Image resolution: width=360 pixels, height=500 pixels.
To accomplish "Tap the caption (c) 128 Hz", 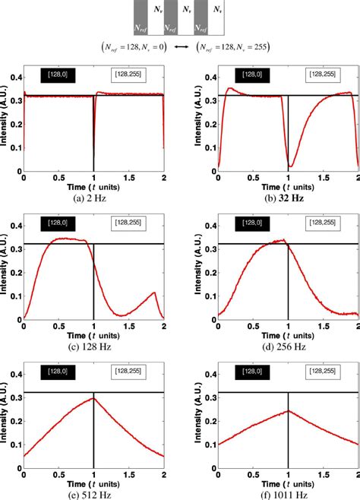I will [x=93, y=347].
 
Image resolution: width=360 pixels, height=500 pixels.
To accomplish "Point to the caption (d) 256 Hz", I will [x=289, y=347].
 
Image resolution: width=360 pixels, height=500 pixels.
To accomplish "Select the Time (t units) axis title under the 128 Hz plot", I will [x=93, y=335].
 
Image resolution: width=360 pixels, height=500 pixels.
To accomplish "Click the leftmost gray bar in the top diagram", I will [x=140, y=17].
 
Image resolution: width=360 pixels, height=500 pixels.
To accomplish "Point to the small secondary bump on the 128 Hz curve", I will [x=154, y=293].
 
